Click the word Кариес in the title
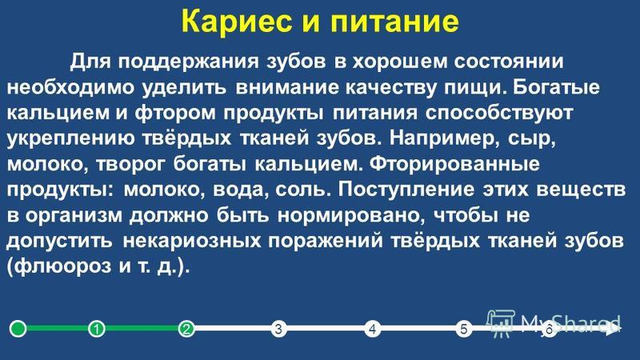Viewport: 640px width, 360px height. click(237, 21)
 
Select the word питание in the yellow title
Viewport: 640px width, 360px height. click(394, 21)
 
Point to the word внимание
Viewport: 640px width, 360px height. click(287, 88)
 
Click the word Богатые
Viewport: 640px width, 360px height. click(556, 88)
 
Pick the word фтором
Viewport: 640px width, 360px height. click(175, 114)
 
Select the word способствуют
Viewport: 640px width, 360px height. click(499, 114)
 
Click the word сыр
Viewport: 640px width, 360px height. click(531, 139)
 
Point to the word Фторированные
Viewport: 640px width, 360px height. click(454, 165)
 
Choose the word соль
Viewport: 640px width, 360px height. click(302, 190)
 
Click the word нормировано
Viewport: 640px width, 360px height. click(351, 216)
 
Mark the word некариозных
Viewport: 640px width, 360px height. click(192, 242)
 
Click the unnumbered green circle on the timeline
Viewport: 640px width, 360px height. click(18, 328)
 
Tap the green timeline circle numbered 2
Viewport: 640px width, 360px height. click(186, 328)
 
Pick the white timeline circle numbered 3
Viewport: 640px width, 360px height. click(278, 328)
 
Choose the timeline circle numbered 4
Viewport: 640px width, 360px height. click(372, 328)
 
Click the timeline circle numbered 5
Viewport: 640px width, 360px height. click(464, 328)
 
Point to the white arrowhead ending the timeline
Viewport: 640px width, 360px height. click(612, 328)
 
